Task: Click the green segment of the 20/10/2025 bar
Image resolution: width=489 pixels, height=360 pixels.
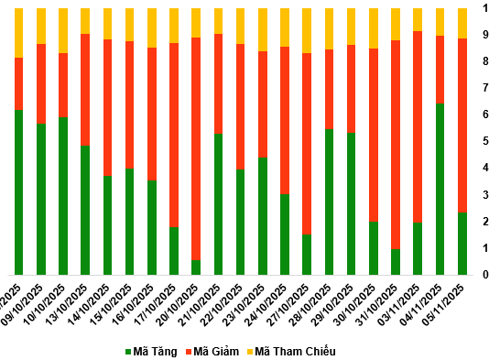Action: click(196, 267)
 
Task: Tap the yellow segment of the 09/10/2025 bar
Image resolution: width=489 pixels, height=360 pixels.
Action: click(41, 26)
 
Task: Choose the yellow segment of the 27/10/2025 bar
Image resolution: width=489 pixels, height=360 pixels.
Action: click(307, 30)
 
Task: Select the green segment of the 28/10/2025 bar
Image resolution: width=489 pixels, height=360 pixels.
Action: click(329, 202)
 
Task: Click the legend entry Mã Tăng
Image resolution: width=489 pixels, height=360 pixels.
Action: click(150, 352)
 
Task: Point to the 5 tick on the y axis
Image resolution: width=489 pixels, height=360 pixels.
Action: click(484, 141)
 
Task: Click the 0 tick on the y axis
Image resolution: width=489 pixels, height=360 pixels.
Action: click(484, 275)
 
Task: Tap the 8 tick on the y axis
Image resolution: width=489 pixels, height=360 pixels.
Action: click(484, 61)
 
